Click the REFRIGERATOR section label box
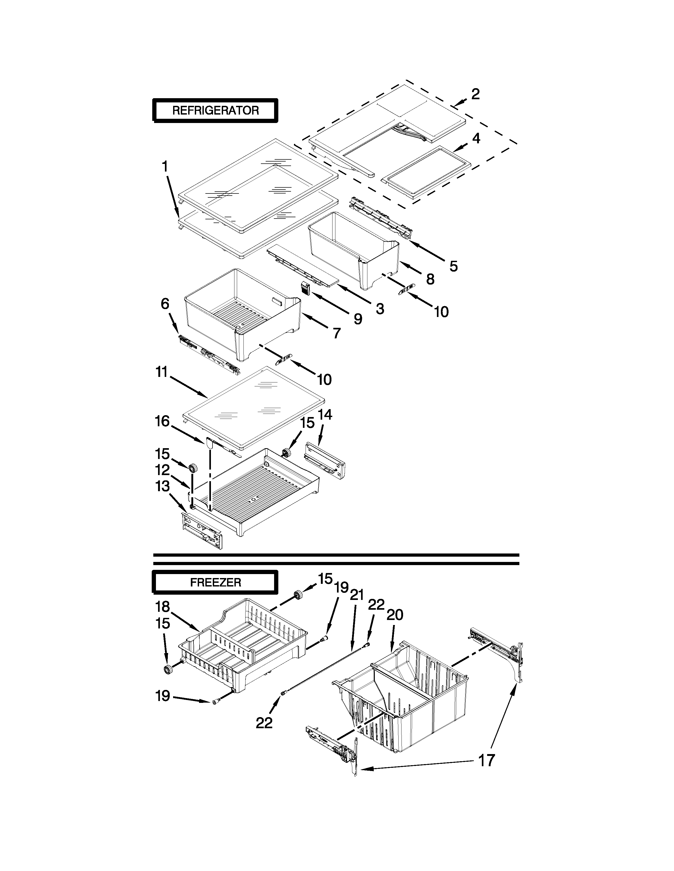click(215, 111)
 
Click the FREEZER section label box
click(215, 583)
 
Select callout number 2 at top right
click(475, 94)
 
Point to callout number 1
click(164, 166)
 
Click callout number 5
click(454, 266)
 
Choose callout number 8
click(430, 279)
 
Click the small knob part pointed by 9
click(306, 288)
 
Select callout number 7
click(336, 333)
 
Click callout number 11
click(161, 372)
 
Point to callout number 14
click(325, 415)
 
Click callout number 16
click(162, 421)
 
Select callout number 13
click(163, 486)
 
